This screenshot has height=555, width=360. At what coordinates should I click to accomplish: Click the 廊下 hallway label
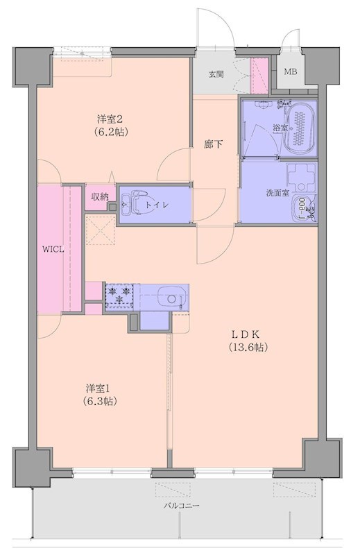(x=212, y=144)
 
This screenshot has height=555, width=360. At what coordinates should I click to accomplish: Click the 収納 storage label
(x=99, y=196)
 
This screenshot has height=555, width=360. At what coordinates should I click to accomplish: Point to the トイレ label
(x=171, y=205)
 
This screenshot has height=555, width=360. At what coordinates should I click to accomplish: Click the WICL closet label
(x=53, y=250)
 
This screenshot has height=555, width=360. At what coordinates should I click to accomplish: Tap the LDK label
(x=246, y=333)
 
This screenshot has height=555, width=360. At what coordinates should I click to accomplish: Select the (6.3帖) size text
(x=100, y=400)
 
